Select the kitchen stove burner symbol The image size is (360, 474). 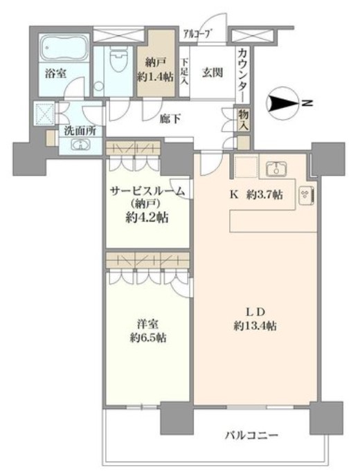coord(305,196)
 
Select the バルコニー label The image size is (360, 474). coord(251,435)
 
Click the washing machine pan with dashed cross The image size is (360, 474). coord(46,113)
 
